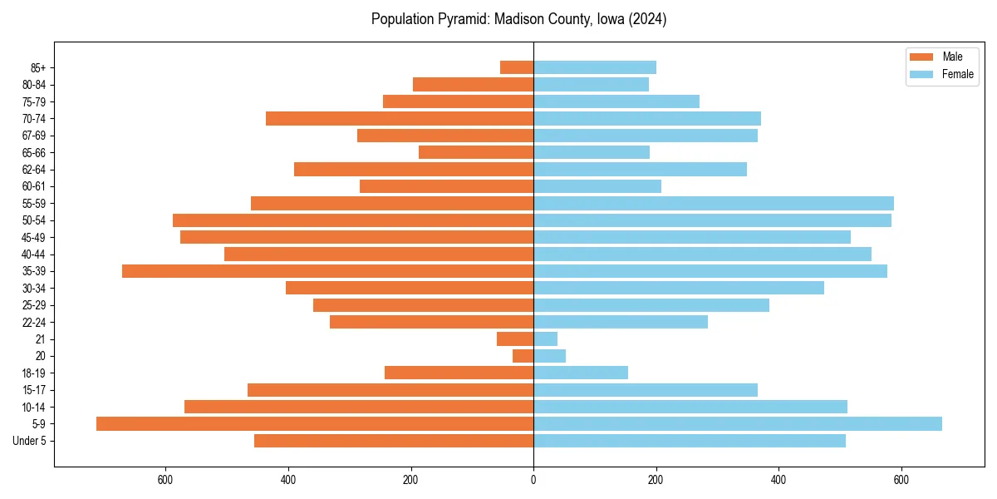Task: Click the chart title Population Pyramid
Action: click(518, 19)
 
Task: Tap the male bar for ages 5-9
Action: click(315, 424)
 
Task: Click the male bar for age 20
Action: click(523, 356)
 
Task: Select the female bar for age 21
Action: click(545, 339)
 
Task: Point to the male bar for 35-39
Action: click(327, 271)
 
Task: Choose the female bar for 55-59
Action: click(714, 204)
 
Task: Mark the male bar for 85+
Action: click(517, 67)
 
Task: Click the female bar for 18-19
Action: click(581, 373)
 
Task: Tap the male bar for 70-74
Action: click(400, 119)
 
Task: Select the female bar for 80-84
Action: click(591, 85)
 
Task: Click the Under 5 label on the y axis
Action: click(29, 441)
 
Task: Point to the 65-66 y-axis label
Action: click(34, 153)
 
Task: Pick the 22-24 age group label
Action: click(34, 323)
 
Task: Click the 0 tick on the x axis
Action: click(533, 480)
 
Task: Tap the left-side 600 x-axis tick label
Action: click(165, 480)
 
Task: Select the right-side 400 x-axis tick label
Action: click(778, 480)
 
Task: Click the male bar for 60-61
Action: click(446, 186)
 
